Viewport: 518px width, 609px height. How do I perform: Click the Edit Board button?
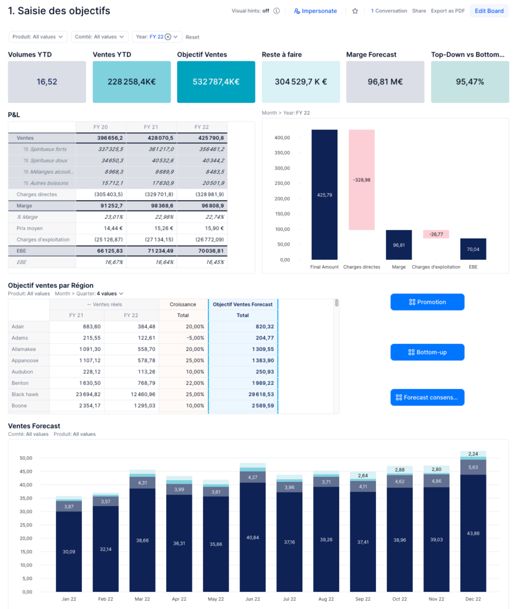click(x=489, y=11)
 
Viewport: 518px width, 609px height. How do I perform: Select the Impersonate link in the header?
click(x=315, y=11)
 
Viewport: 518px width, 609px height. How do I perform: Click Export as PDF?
click(x=448, y=11)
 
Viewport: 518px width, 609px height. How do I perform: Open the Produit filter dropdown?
click(x=38, y=37)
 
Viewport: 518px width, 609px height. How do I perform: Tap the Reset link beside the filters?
click(x=192, y=37)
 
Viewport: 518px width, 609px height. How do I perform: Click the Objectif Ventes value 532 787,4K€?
click(x=216, y=82)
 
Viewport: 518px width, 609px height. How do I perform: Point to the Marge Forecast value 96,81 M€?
click(x=385, y=82)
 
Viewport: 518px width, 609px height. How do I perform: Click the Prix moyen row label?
click(x=30, y=228)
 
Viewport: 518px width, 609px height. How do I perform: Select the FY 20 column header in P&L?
click(x=101, y=127)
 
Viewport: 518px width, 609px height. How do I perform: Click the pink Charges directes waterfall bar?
click(x=361, y=180)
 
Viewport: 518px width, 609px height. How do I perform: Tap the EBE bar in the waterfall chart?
click(x=473, y=249)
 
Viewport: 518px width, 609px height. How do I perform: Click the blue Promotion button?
click(x=427, y=302)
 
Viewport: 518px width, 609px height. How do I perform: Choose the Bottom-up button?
click(x=427, y=352)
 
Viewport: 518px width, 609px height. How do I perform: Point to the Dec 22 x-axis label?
click(x=473, y=599)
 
